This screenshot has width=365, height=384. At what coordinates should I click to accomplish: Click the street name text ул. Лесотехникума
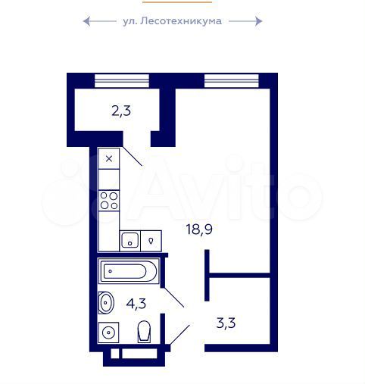[172, 21]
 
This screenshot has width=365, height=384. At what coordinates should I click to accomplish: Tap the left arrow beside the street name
[98, 21]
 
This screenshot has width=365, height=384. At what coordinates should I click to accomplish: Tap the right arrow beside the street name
[245, 21]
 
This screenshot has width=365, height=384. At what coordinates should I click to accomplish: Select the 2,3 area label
[121, 111]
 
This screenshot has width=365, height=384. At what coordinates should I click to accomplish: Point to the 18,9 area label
[198, 229]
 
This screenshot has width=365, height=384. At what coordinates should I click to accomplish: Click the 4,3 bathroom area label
[136, 304]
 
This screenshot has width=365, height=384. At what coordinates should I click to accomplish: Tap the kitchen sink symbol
[130, 242]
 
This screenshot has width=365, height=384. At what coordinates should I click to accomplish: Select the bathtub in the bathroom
[129, 271]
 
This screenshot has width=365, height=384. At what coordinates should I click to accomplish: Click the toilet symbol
[145, 331]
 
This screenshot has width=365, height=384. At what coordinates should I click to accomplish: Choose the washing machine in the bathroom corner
[109, 332]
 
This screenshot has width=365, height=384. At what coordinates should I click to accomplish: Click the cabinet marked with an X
[109, 158]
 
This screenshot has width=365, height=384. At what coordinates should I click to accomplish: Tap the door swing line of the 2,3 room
[133, 157]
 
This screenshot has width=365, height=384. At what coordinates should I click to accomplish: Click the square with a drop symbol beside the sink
[151, 241]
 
